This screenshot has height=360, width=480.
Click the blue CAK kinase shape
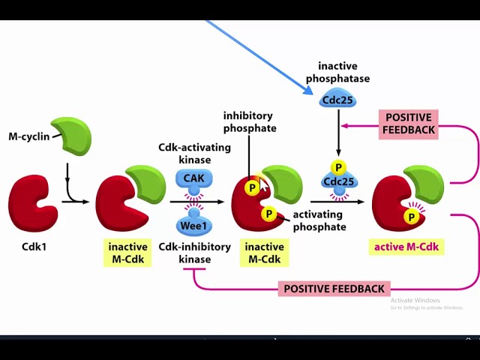pos(194,179)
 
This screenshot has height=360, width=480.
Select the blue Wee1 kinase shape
pos(194,224)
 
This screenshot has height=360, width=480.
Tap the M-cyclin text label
pos(28,137)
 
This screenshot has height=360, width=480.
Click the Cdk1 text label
pos(34,245)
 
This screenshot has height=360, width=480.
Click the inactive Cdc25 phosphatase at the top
pos(337,99)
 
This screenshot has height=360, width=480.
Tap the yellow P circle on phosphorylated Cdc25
pos(339,167)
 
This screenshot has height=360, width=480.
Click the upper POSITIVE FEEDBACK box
pos(408,123)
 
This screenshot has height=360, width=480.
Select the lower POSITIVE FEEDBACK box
pos(334,289)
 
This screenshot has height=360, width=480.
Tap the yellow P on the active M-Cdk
pos(411,217)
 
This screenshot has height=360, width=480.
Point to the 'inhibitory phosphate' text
pos(249,121)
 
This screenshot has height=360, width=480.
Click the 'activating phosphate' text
pos(319,220)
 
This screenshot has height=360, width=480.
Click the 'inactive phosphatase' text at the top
pos(337,72)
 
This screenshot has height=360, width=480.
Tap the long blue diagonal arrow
pos(259,56)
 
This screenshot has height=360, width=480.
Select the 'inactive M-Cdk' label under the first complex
pos(127,253)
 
